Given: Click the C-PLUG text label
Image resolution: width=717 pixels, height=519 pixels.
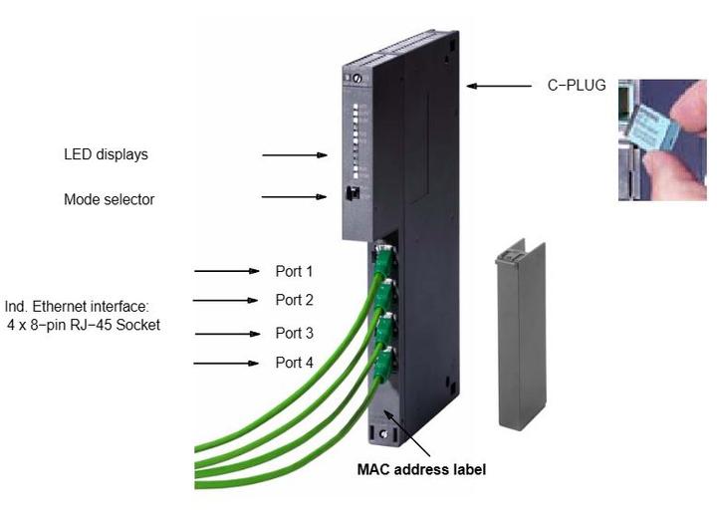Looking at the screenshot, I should point(578,87).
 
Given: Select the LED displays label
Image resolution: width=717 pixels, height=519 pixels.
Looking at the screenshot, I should point(106,154).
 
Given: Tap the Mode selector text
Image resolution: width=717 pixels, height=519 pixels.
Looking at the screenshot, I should point(109,199).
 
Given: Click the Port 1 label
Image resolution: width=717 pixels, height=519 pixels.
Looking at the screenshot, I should point(294,271).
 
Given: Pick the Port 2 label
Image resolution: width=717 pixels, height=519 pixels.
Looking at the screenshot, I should point(294,300).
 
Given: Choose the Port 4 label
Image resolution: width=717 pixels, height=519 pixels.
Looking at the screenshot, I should point(294,364).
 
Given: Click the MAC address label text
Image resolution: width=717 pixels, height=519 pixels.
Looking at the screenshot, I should point(421,468).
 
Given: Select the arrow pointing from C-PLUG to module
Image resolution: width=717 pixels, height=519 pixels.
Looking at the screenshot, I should point(499,87).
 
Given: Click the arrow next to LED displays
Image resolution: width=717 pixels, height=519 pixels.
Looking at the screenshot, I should point(295,155).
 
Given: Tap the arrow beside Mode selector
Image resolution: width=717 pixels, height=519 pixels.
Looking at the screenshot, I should point(295,197).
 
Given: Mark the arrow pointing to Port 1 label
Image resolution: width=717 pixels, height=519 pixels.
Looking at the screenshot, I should point(226,271).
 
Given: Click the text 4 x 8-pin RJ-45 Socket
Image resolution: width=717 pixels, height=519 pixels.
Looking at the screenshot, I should point(84,326).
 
